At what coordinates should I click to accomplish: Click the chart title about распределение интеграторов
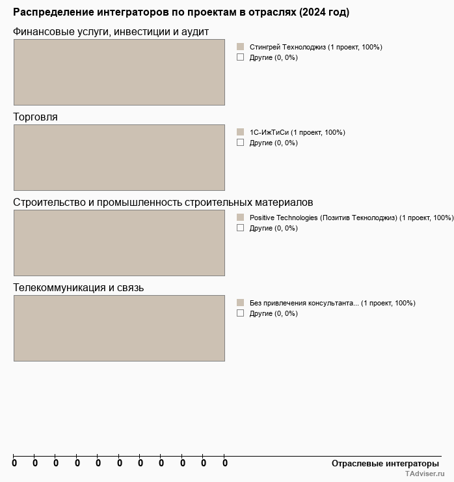click(x=181, y=12)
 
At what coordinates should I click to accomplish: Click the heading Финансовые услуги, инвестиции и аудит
click(x=111, y=32)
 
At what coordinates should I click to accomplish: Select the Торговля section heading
click(x=35, y=117)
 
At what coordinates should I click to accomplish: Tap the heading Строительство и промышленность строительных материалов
click(x=163, y=203)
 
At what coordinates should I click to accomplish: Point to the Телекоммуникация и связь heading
click(x=78, y=288)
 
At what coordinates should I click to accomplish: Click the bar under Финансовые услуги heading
click(x=119, y=72)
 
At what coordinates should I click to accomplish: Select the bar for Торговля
click(x=119, y=158)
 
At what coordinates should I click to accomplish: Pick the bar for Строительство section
click(x=119, y=243)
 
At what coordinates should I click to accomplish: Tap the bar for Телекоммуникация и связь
click(x=119, y=328)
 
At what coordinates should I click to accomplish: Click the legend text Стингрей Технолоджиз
click(x=315, y=47)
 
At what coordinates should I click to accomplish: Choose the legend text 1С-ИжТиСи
click(x=297, y=132)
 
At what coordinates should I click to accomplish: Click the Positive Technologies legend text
click(x=351, y=218)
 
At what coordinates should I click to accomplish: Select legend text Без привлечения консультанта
click(x=332, y=303)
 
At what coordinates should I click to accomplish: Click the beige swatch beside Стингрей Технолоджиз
click(x=240, y=47)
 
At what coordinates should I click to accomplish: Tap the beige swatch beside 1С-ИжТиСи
click(x=240, y=132)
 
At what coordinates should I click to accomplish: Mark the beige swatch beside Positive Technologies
click(x=240, y=218)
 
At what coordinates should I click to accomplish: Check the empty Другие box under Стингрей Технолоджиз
click(x=240, y=57)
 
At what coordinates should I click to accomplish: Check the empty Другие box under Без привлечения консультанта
click(x=240, y=313)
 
